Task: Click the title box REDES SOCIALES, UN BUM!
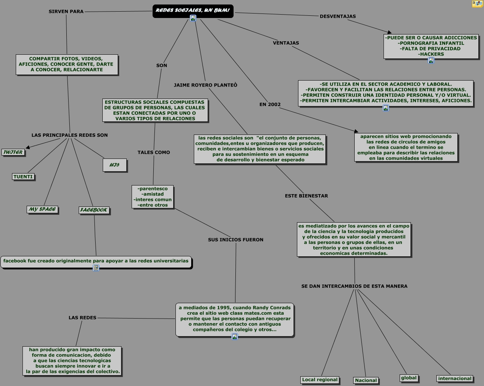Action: pyautogui.click(x=193, y=11)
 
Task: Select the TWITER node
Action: pyautogui.click(x=13, y=152)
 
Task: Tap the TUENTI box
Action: pyautogui.click(x=23, y=177)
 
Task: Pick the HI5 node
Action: pyautogui.click(x=115, y=165)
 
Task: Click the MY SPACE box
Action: pyautogui.click(x=42, y=209)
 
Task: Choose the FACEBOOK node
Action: pyautogui.click(x=94, y=210)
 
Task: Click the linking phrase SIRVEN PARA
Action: pyautogui.click(x=66, y=12)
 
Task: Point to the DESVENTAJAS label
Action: pyautogui.click(x=338, y=16)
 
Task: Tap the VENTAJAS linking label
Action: pyautogui.click(x=286, y=43)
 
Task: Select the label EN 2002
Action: pyautogui.click(x=270, y=104)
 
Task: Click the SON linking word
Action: pyautogui.click(x=162, y=66)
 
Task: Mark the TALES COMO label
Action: pyautogui.click(x=154, y=153)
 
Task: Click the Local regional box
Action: pyautogui.click(x=319, y=380)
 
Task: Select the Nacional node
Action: pyautogui.click(x=366, y=380)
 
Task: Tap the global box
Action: pyautogui.click(x=409, y=378)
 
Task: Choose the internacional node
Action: pyautogui.click(x=455, y=379)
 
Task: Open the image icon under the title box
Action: pyautogui.click(x=193, y=18)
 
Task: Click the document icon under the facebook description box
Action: pyautogui.click(x=96, y=268)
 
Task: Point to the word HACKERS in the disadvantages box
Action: pyautogui.click(x=431, y=54)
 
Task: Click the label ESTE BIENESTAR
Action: pyautogui.click(x=306, y=196)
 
